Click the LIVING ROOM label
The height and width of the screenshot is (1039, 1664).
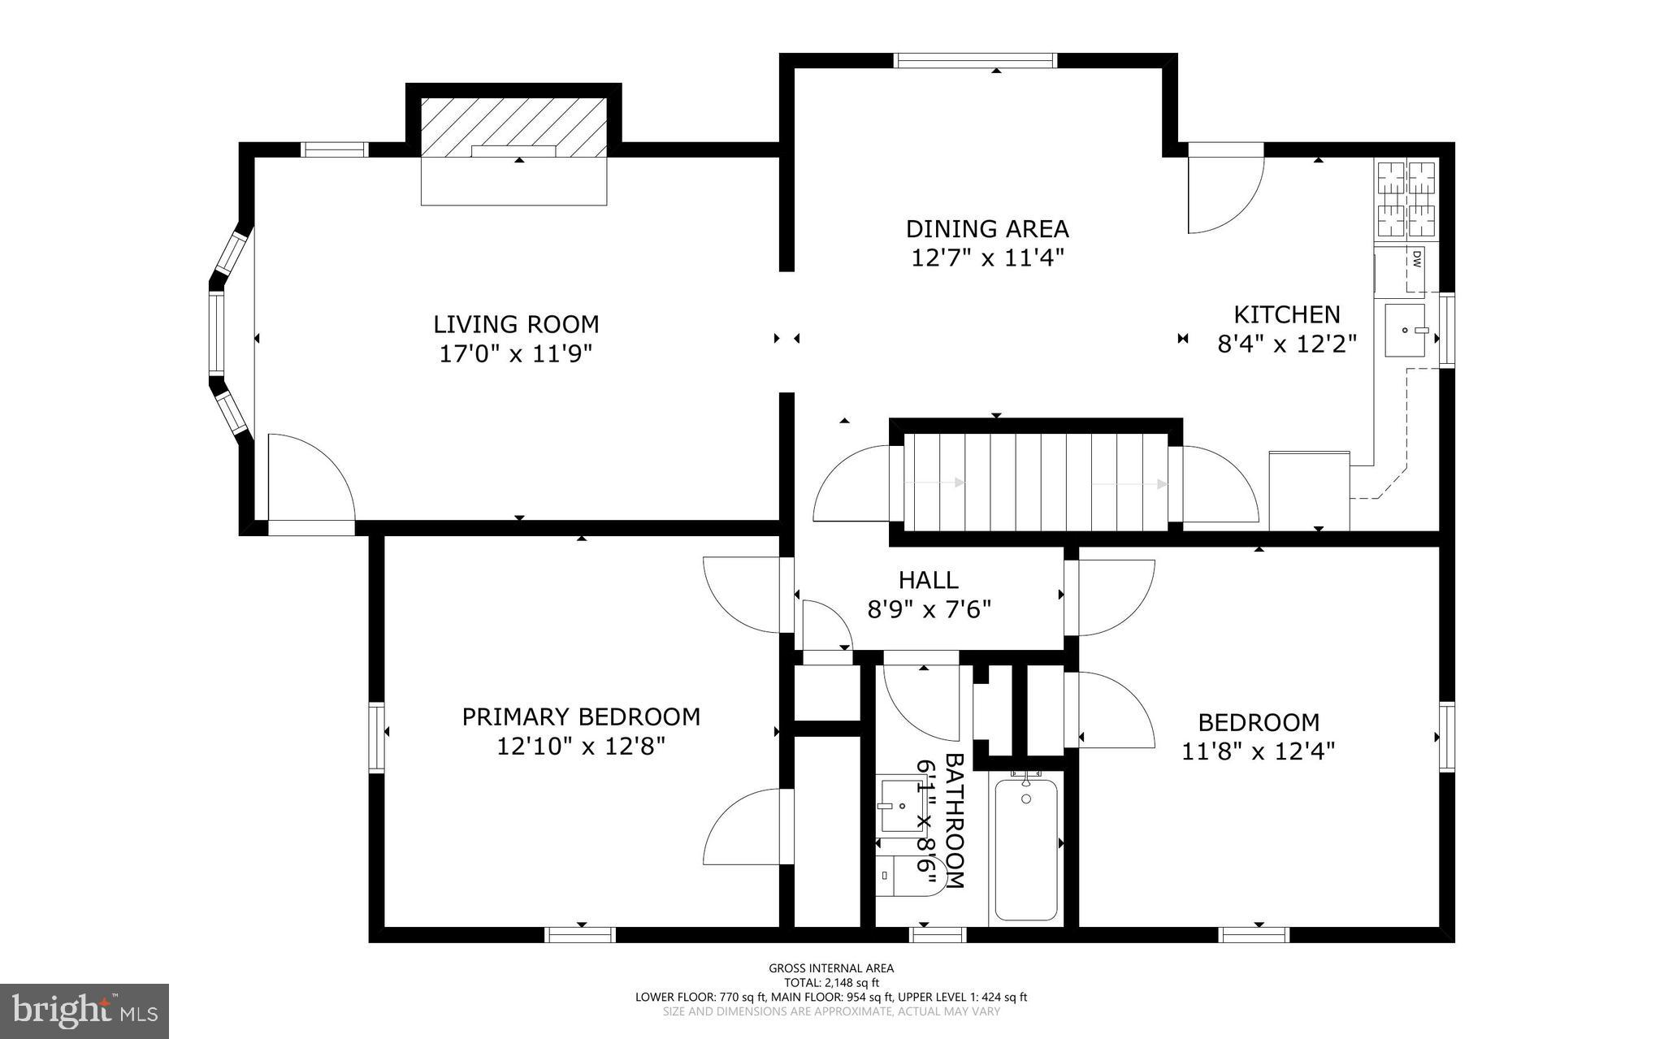click(516, 324)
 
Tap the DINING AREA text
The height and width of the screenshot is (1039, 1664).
click(987, 228)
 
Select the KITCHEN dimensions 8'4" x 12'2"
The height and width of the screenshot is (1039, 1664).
click(1287, 344)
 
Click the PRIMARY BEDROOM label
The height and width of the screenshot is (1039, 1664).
click(581, 716)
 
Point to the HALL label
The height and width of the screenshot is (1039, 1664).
click(929, 580)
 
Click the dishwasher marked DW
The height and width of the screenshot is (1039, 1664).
click(1415, 267)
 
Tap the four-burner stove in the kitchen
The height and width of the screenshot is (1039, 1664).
click(1406, 199)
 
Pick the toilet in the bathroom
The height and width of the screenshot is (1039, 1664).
click(910, 876)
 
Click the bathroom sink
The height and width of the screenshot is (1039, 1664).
click(901, 806)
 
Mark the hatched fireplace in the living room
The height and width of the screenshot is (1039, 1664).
click(513, 127)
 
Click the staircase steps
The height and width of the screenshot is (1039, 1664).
click(1036, 483)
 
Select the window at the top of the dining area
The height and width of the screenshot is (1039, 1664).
click(975, 60)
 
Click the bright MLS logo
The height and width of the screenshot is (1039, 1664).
click(84, 1011)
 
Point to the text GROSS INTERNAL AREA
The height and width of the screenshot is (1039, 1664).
click(831, 968)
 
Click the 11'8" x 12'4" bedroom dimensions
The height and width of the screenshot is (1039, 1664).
click(1259, 751)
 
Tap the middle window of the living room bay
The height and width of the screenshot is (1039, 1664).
click(216, 333)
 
